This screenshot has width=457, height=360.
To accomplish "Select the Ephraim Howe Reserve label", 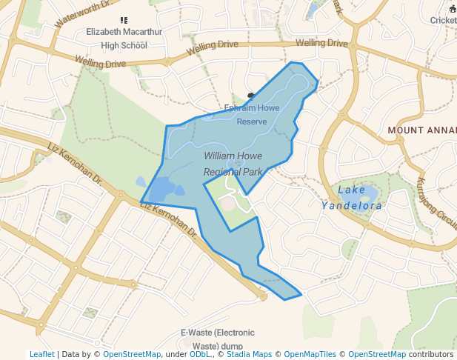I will [252, 115].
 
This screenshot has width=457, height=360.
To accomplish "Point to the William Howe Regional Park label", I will [233, 164].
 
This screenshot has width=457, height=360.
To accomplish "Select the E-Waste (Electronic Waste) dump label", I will [217, 339].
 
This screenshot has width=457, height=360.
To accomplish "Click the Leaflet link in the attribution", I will [41, 354].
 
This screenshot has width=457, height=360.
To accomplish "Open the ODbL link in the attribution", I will [200, 354].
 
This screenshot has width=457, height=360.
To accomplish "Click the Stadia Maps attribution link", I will [249, 354].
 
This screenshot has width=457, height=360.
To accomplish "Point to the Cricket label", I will [443, 20].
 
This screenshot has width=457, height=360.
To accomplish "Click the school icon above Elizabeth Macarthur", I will [123, 20].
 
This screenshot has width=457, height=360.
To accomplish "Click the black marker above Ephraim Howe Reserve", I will [250, 95].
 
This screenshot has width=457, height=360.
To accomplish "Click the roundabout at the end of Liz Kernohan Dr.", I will [263, 296].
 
